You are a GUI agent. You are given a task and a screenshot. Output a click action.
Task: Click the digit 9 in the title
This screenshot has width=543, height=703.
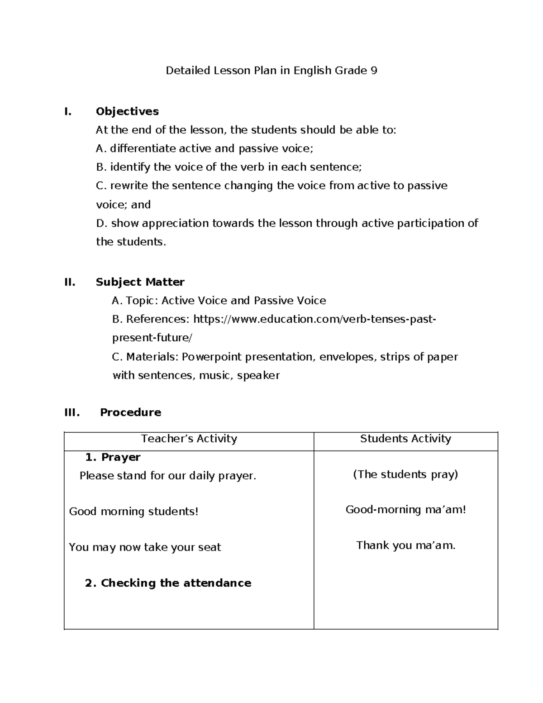373,71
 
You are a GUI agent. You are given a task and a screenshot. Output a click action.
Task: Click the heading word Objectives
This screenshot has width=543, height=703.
127,111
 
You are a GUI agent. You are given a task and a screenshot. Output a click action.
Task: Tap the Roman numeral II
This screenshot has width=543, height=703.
70,282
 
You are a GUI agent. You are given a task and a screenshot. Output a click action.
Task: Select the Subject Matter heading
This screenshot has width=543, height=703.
140,282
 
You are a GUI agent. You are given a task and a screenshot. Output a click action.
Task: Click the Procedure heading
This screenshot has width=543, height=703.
130,412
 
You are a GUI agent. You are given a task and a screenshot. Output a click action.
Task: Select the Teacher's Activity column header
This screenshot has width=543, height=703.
189,439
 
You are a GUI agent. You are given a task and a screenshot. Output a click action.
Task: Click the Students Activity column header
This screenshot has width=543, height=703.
405,439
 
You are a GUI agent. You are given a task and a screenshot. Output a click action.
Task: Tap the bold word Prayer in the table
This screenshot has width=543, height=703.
120,457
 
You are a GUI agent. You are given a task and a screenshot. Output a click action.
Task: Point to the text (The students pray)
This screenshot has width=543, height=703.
405,474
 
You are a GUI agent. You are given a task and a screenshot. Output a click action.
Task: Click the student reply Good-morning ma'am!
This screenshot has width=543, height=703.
405,510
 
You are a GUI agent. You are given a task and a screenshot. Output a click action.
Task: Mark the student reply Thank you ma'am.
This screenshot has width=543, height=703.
405,545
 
